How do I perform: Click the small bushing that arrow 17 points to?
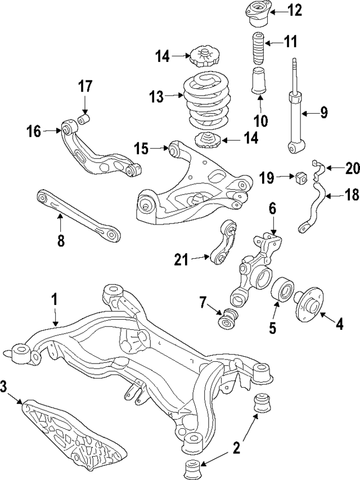pos(84,119)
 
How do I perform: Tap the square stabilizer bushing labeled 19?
pos(299,178)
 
